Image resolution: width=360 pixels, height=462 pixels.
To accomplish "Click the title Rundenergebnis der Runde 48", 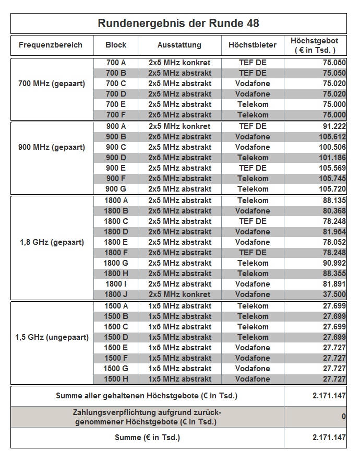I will coord(178,23).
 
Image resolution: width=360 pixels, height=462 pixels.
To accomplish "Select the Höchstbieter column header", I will coord(253,45).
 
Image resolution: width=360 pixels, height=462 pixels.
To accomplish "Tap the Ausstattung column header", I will coord(179,45).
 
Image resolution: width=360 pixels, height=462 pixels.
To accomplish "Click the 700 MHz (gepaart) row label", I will coord(52,84).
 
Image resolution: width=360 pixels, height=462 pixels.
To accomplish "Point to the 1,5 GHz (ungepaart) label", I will coord(52,337).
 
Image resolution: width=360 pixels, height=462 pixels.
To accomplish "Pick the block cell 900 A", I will coord(116,126).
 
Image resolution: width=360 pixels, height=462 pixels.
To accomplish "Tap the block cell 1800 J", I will coord(116,294).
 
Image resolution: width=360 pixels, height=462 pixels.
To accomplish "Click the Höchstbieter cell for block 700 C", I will coord(253,84).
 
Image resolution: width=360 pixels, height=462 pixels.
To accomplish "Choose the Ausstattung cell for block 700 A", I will coord(179,63).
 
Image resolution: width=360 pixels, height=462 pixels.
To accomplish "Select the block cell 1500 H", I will coord(116,379).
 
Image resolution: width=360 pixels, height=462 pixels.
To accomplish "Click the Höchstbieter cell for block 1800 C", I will coord(253,221).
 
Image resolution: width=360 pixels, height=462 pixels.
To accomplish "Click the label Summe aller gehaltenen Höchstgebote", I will coord(147,396).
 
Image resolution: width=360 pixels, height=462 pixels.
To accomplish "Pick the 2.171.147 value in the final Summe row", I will coord(329,437).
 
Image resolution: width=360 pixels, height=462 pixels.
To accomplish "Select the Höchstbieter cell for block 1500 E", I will coord(253,348).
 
